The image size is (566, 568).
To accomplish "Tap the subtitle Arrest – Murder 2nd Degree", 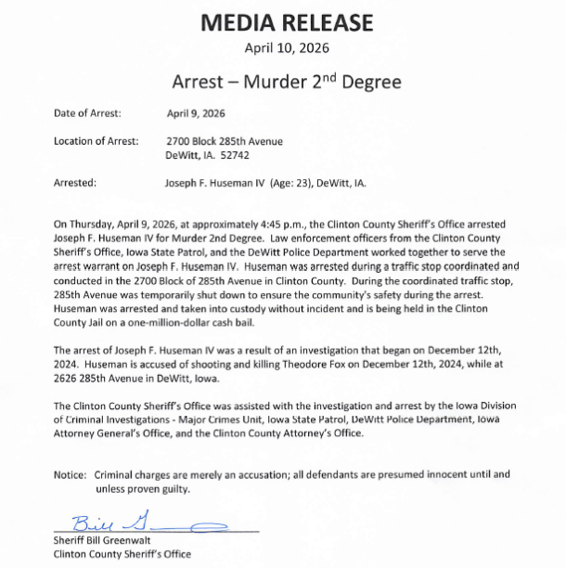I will [286, 82].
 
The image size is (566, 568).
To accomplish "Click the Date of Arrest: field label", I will [87, 113].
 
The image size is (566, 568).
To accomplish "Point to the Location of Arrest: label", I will [96, 141].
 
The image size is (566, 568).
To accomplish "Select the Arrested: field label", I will [75, 183].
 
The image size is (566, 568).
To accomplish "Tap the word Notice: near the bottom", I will [70, 474].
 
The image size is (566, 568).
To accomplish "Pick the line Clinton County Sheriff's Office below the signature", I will [122, 554].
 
